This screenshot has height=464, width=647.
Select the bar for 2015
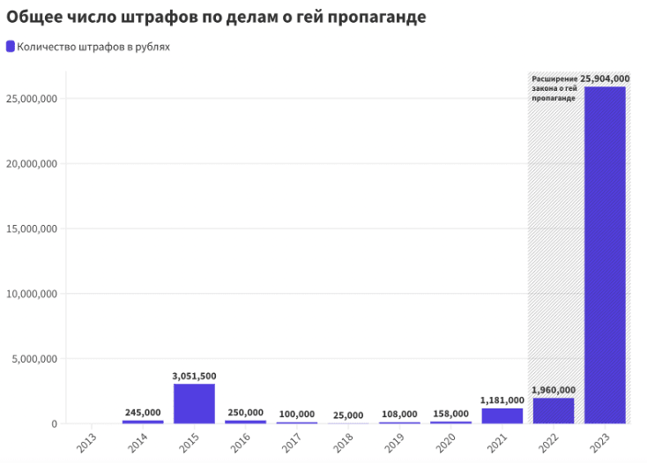[194, 403]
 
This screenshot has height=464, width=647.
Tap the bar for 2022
[554, 411]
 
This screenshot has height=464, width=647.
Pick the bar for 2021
[502, 415]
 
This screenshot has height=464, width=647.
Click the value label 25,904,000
[605, 79]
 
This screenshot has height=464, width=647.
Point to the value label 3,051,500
[194, 376]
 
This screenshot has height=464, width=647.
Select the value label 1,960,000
[554, 390]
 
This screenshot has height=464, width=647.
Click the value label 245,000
[143, 412]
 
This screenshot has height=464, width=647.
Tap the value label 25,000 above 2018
[348, 414]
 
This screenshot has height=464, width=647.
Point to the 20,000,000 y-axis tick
[32, 163]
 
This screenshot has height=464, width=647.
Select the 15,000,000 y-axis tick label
[32, 228]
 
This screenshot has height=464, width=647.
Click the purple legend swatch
[11, 46]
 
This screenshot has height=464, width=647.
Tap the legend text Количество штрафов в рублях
[93, 47]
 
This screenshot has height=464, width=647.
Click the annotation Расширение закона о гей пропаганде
[554, 88]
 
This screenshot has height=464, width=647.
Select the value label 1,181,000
[502, 400]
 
